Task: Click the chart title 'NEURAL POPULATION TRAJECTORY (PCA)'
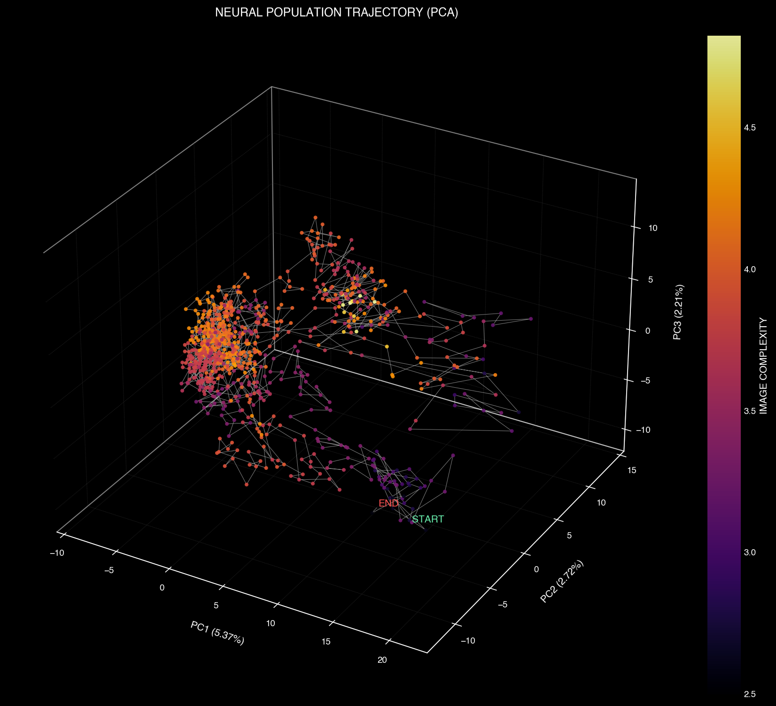[x=336, y=13]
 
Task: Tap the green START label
[x=427, y=519]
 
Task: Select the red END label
[x=388, y=503]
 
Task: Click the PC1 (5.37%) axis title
[x=217, y=633]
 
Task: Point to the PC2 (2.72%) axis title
[x=563, y=581]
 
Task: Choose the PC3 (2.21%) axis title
[x=677, y=312]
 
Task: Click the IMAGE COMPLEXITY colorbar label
[x=763, y=366]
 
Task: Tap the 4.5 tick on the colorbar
[x=750, y=128]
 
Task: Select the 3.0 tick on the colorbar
[x=750, y=553]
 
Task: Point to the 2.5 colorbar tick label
[x=750, y=694]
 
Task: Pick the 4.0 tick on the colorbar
[x=750, y=269]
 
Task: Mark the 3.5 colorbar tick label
[x=750, y=411]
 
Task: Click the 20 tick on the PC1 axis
[x=382, y=660]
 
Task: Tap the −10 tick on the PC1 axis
[x=57, y=553]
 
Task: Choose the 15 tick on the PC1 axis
[x=326, y=642]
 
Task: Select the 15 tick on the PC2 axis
[x=632, y=470]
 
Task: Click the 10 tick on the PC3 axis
[x=652, y=228]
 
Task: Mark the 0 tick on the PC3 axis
[x=648, y=330]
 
